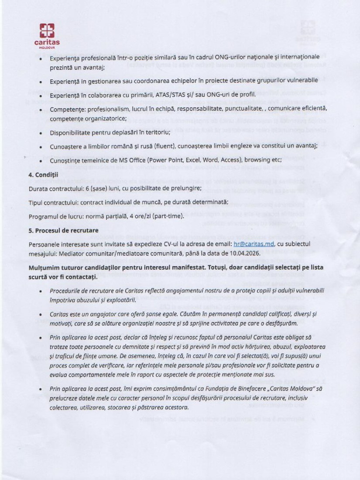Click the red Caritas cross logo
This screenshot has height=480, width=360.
47,31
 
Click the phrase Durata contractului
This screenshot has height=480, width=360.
56,189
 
